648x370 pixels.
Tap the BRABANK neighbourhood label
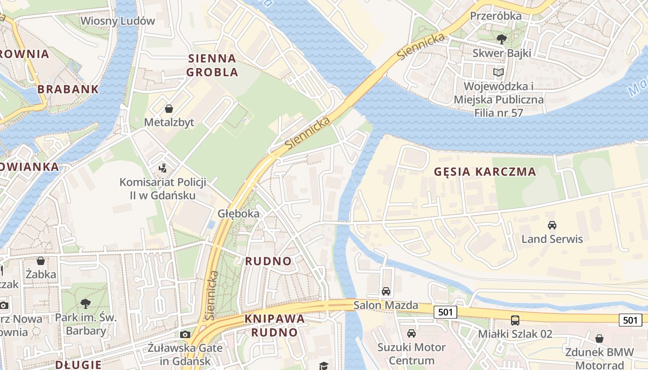coord(68,89)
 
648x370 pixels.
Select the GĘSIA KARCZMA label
coord(485,172)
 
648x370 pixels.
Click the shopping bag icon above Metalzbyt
coord(169,109)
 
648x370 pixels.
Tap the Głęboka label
coord(238,214)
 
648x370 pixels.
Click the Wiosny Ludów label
coord(118,21)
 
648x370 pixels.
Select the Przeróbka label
coord(496,16)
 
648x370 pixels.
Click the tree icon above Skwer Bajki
coord(501,39)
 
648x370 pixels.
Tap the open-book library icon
coord(498,73)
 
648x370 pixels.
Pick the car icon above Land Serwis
coord(552,225)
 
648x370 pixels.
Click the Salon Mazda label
coord(386,305)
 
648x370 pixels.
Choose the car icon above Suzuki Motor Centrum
coord(411,333)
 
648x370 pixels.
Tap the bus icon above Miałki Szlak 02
coord(515,320)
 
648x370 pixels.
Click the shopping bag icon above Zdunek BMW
coord(599,339)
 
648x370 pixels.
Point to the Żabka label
coord(41,274)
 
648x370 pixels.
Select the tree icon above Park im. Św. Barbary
coord(85,304)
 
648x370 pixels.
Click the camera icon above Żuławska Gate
coord(185,334)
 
